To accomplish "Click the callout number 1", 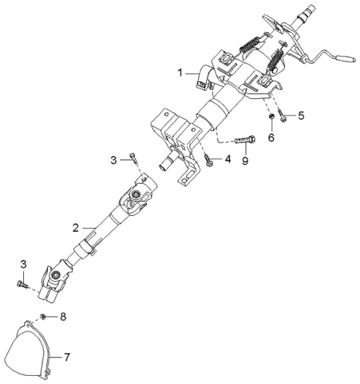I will [180, 73].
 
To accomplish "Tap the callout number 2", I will [76, 227].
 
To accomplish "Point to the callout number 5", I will [301, 115].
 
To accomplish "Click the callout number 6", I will [271, 137].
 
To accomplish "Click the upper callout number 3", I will [114, 160].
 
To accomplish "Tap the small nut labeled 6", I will [270, 117].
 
